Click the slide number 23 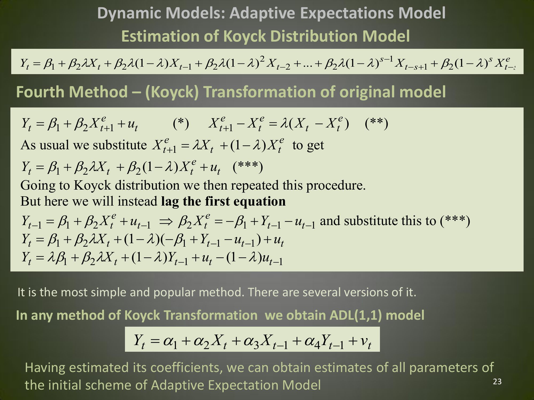click(497, 382)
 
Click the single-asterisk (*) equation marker click(181, 123)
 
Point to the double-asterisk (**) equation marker click(376, 123)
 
